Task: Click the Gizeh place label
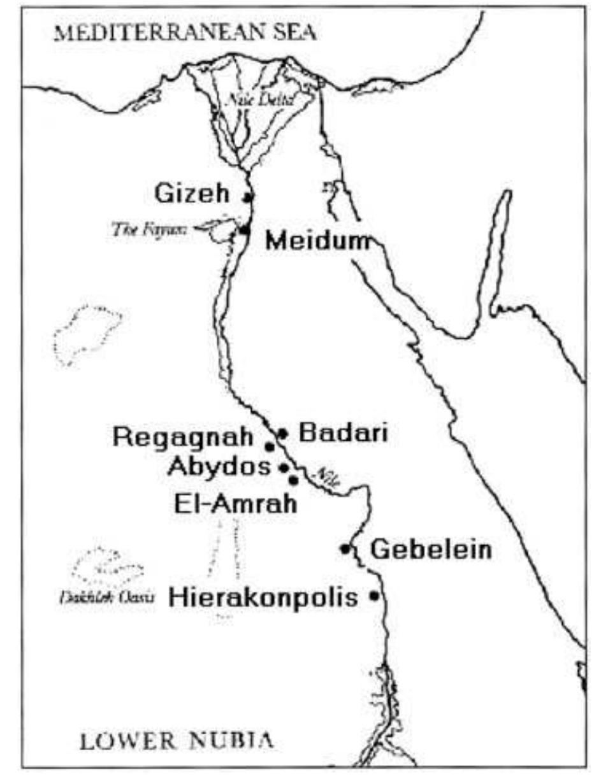coord(194,194)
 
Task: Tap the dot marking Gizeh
coord(249,196)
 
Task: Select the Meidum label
coord(317,241)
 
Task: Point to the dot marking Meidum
coord(244,230)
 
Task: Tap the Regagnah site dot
coord(270,446)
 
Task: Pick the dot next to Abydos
coord(284,467)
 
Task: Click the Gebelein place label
coord(431,550)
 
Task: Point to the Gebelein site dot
coord(345,548)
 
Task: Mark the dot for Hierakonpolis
coord(374,596)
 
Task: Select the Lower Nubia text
coord(177,741)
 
